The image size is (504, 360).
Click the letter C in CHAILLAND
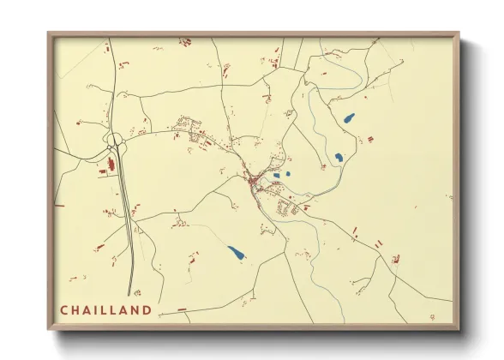click(x=64, y=310)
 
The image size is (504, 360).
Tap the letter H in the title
click(x=76, y=310)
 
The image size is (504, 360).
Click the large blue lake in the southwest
click(x=235, y=253)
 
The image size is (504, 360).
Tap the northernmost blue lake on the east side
click(x=349, y=118)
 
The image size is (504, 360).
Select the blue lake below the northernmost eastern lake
click(x=339, y=158)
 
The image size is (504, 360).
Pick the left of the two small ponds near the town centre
click(x=276, y=176)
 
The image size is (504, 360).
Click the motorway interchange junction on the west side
click(x=116, y=141)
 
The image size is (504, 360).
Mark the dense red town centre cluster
click(x=255, y=180)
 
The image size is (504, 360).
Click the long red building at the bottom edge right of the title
click(x=181, y=309)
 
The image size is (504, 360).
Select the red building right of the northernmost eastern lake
click(x=370, y=138)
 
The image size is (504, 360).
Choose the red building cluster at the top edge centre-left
click(x=184, y=40)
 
